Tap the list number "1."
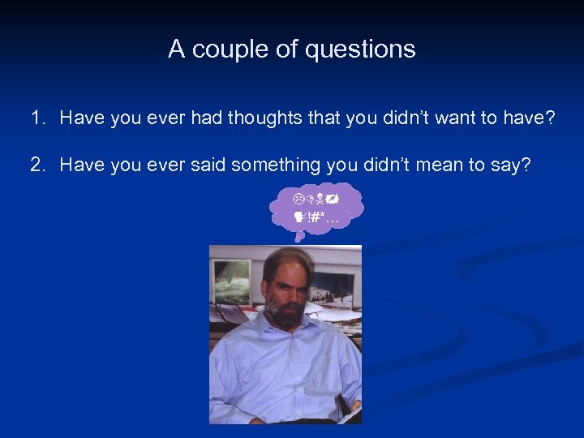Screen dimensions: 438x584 coord(39,118)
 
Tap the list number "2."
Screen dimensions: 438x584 coord(39,165)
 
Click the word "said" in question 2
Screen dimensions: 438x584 coord(207,165)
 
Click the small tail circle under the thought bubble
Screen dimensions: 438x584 coord(298,238)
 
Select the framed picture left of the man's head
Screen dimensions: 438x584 coord(233,281)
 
